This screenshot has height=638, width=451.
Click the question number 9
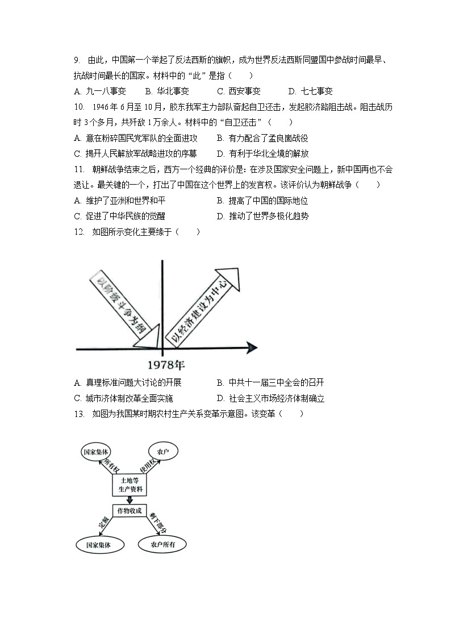coord(77,60)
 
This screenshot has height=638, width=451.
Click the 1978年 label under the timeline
coord(162,364)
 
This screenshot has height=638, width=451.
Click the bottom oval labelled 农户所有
coord(162,545)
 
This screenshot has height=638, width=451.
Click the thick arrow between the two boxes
coord(130,499)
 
